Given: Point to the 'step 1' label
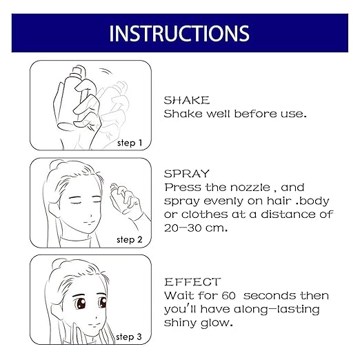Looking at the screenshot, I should [x=129, y=142].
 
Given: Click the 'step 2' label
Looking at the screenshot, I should [x=129, y=239].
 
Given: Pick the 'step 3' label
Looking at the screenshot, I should [x=129, y=337].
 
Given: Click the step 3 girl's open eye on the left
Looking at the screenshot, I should [x=64, y=306].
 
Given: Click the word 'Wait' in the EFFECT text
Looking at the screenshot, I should [x=177, y=295].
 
